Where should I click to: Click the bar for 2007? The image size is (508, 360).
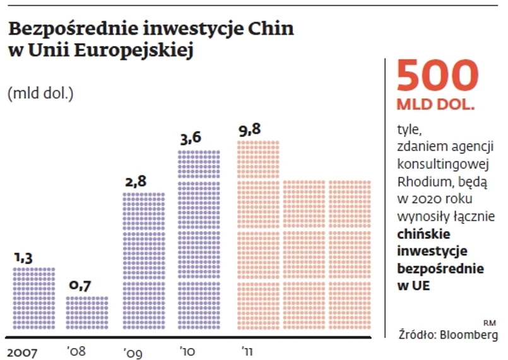coord(33,298)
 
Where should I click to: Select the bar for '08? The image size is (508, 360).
coord(87,313)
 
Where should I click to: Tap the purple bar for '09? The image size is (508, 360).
coord(143,261)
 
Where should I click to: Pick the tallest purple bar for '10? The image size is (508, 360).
coord(198,240)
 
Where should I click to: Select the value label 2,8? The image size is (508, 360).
coord(136,182)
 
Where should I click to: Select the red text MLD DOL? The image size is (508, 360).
coord(435,105)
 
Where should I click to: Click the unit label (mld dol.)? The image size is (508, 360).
coord(41,95)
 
